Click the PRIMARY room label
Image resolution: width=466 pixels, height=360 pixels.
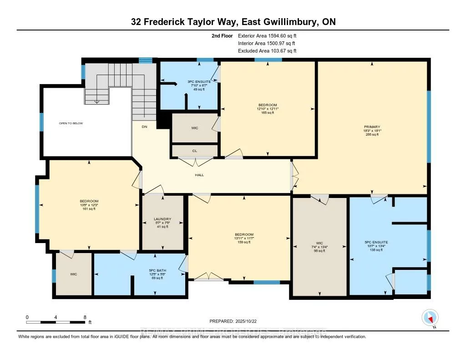(372, 127)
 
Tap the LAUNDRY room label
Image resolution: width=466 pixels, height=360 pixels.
(162, 219)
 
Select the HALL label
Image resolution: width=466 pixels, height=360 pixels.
(199, 175)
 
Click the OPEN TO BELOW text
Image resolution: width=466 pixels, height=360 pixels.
(71, 123)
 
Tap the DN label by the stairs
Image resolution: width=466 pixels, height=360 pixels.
(144, 127)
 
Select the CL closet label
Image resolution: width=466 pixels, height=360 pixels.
(194, 151)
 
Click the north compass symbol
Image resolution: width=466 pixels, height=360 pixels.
(430, 317)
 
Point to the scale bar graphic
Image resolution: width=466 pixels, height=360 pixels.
(56, 322)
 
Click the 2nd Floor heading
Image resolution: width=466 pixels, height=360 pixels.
(222, 35)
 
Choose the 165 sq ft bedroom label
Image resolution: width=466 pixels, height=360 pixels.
(267, 109)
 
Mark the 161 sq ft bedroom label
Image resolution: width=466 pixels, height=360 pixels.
(89, 205)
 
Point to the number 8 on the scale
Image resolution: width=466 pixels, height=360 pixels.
(85, 317)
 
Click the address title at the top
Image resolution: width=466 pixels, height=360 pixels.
(233, 22)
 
